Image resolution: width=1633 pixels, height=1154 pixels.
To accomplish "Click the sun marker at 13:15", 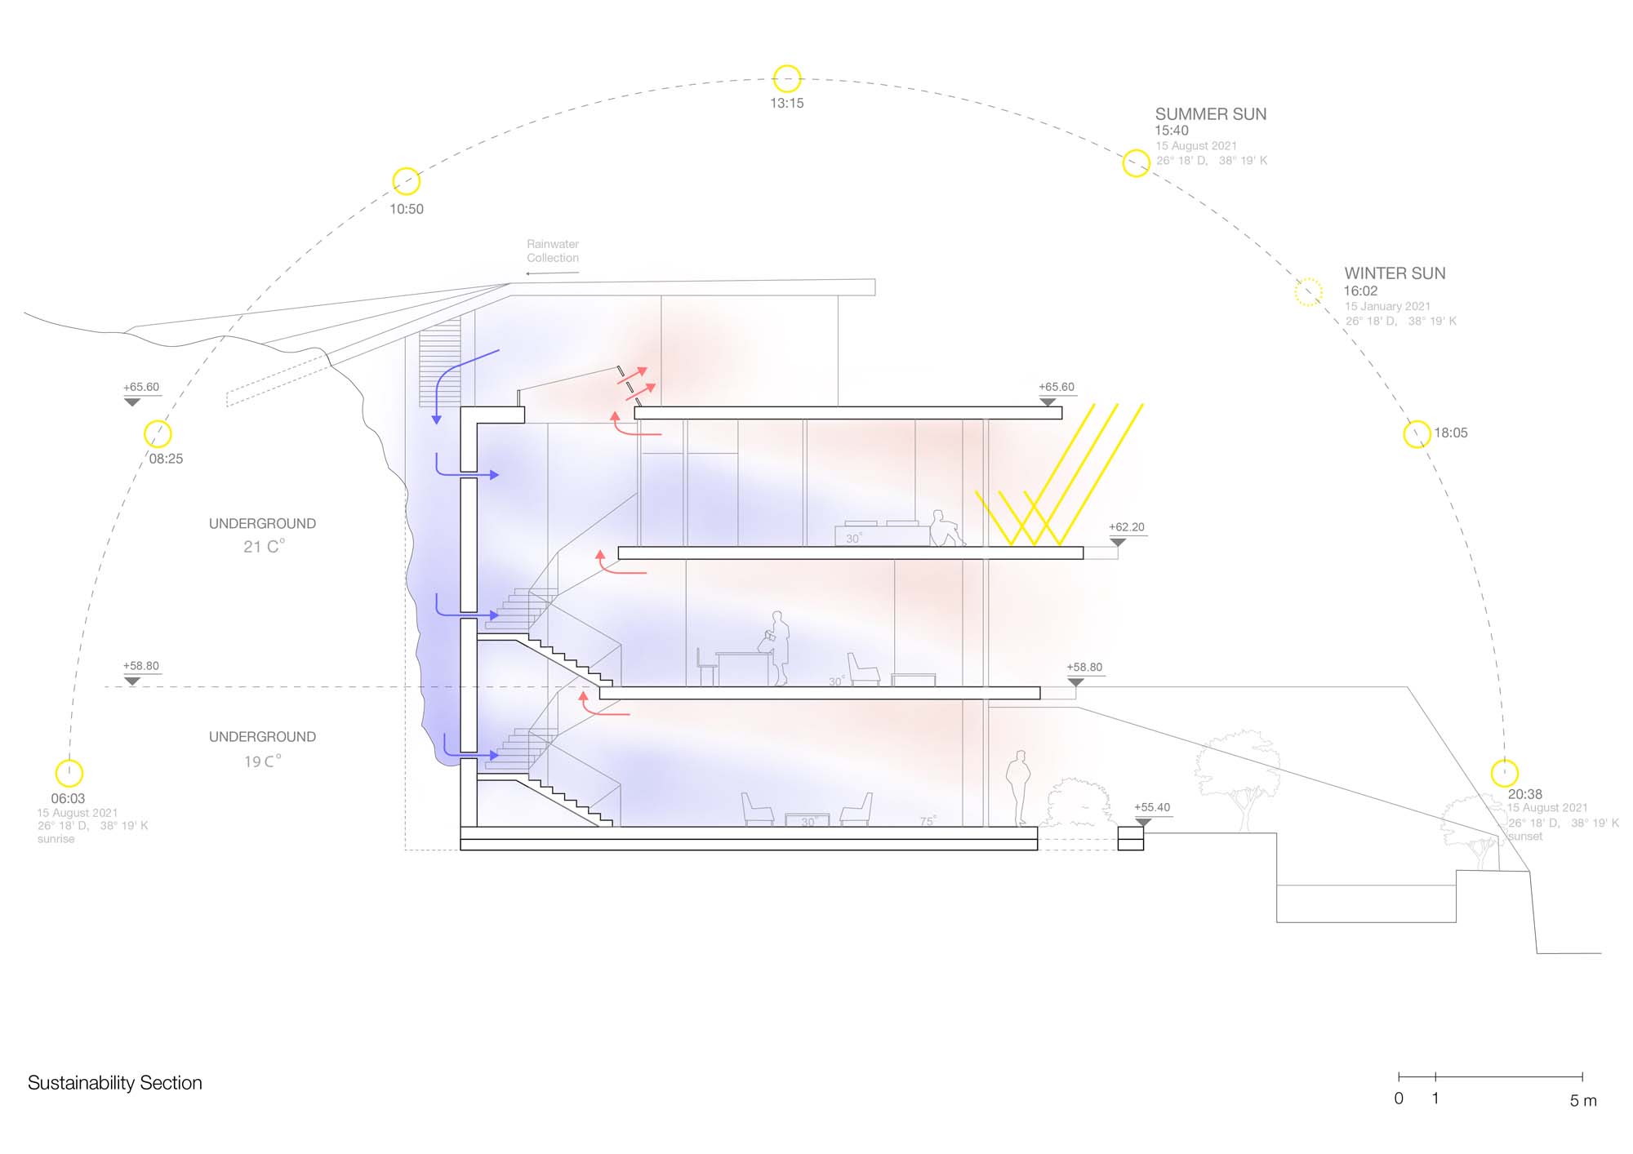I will coord(787,79).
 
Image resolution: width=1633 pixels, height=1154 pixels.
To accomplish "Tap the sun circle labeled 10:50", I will coord(407,181).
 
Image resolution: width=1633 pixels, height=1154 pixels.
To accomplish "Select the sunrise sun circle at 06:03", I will coord(69,773).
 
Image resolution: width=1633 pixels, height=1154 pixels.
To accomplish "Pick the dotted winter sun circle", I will coord(1308,291).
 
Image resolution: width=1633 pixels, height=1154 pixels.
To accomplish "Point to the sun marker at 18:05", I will coord(1417,434).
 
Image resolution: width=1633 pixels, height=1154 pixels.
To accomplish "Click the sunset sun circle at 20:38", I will coord(1504,772).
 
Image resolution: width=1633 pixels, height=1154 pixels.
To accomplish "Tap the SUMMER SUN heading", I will coord(1210,114).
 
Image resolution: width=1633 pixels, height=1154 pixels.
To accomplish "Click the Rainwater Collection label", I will coord(553,251).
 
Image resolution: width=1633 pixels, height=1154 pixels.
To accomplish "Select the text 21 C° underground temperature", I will coord(264,547).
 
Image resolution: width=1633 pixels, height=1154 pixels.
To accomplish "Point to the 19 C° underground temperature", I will coord(262,761).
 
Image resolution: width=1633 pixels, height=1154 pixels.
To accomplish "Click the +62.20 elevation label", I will coord(1126,527).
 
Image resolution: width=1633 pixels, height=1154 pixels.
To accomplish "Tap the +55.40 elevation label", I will coord(1151,807).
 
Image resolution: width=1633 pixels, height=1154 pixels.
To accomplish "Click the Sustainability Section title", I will coord(115,1083).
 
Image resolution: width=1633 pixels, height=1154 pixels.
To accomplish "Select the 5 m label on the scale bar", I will coord(1582,1100).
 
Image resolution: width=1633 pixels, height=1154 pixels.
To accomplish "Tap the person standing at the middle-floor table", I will coord(779,647).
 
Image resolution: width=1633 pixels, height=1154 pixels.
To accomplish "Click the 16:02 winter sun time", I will coord(1360,291).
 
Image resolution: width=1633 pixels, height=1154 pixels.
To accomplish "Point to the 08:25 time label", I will coord(166,459).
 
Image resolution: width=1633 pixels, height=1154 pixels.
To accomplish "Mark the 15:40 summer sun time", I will coord(1171,131).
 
